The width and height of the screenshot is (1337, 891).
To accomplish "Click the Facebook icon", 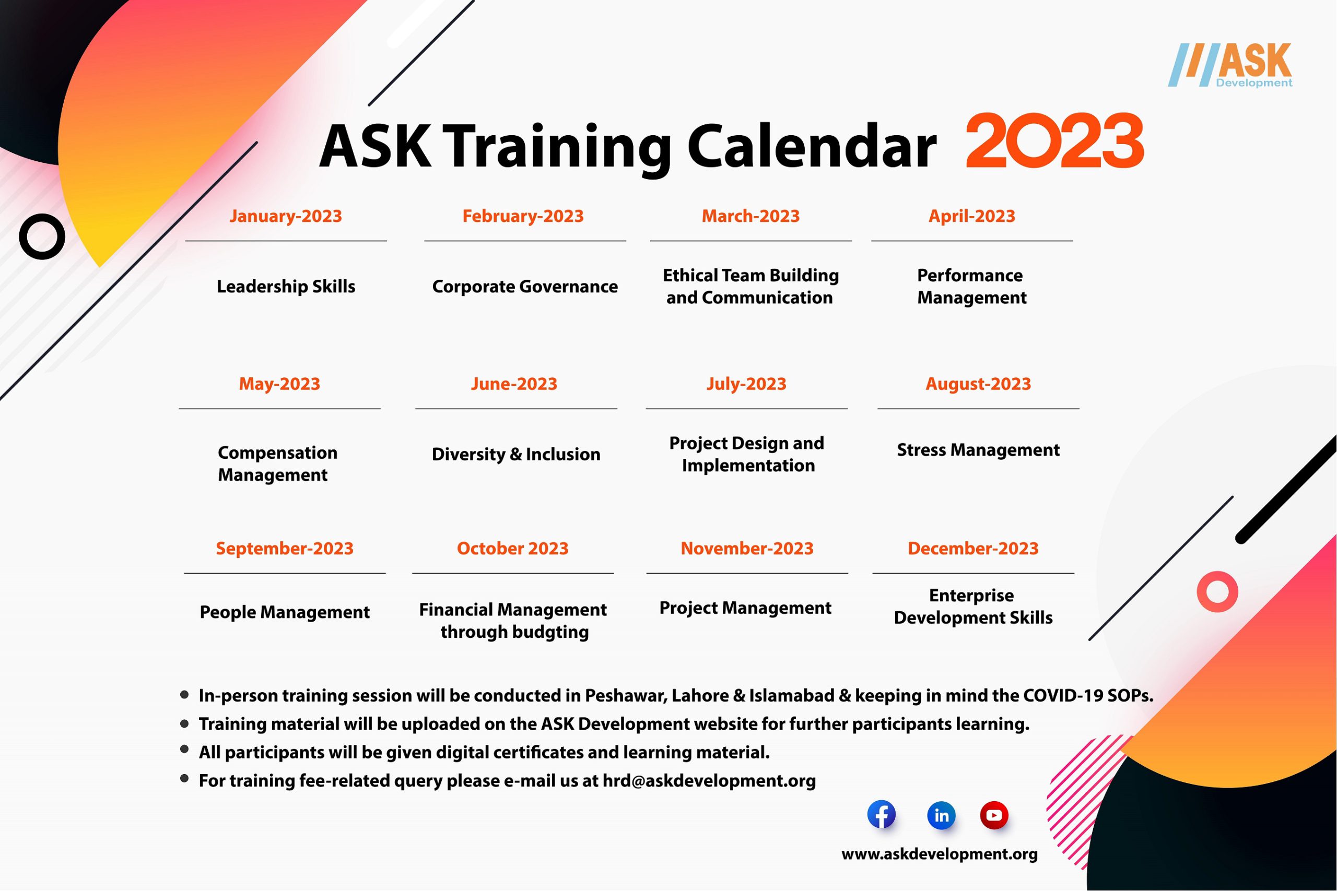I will (x=881, y=815).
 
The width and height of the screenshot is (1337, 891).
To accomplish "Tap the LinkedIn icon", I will (x=941, y=815).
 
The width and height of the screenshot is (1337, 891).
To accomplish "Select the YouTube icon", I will (x=994, y=815).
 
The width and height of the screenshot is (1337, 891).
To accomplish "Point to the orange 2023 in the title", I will (x=1054, y=141).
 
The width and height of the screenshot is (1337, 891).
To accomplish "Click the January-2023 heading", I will (x=285, y=216).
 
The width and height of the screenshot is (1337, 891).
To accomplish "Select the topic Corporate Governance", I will (x=525, y=287).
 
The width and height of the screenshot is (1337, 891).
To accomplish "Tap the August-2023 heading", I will (x=978, y=384).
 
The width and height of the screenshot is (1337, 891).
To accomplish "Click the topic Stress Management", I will (x=978, y=450).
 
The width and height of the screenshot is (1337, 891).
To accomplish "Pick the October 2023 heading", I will (x=512, y=549).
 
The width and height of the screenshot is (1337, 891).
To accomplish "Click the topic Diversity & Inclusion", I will (x=515, y=454).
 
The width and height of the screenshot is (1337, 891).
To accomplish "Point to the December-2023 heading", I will (x=972, y=549).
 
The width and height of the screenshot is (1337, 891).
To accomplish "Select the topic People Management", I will (x=284, y=612).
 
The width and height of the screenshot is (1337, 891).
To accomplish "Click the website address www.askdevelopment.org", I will (x=939, y=854).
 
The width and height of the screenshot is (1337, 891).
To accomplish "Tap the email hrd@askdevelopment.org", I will (x=709, y=781).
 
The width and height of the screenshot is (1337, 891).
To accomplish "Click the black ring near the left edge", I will (x=42, y=236).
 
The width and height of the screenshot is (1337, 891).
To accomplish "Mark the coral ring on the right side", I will (x=1217, y=591).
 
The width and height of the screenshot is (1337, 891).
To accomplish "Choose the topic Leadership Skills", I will (x=285, y=287).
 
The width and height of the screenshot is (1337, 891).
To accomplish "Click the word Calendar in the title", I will (x=811, y=147).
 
